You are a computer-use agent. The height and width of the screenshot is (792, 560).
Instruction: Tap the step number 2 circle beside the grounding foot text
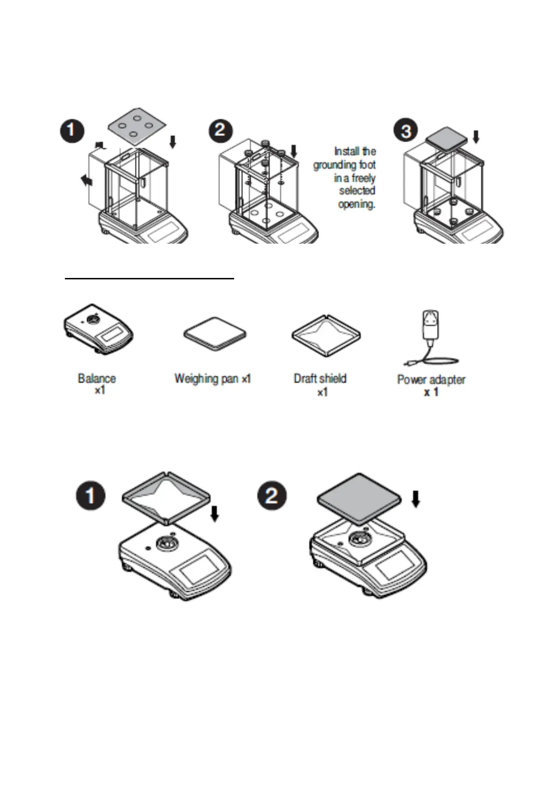coord(221,130)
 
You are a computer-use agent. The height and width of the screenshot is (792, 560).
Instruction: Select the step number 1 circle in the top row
coord(72,130)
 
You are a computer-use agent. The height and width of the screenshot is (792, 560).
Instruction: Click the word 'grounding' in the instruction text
coord(334,165)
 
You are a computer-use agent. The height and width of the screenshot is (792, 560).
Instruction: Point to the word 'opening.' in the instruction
coord(356,204)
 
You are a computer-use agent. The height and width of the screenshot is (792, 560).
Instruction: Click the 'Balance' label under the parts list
coord(97,379)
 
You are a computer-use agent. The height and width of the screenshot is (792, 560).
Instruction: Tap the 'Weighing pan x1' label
coord(213,379)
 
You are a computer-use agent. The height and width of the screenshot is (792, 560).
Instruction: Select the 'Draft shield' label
coord(320,379)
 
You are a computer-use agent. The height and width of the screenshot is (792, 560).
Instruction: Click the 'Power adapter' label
coord(431,380)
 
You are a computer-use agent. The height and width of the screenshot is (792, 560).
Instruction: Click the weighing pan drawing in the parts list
coord(215,333)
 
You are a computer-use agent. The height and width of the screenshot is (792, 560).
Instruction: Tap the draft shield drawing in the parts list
coord(326,334)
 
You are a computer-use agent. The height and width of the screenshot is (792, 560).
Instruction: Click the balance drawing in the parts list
coord(98,329)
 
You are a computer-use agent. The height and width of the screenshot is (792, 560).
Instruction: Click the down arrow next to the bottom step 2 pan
coord(416,499)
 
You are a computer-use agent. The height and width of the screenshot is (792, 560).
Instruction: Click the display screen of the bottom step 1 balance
coord(199,572)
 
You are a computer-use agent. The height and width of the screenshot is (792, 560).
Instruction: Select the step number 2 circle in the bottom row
coord(272,495)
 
